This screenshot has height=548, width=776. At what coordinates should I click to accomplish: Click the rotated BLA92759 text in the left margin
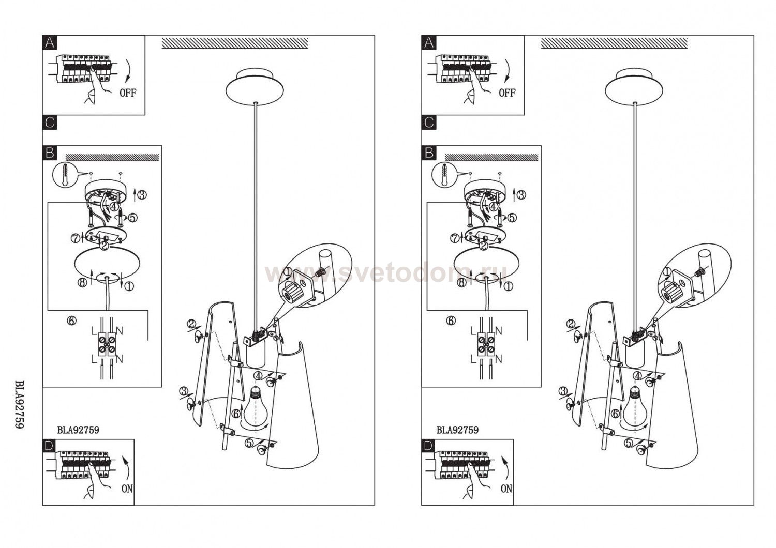pyautogui.click(x=19, y=404)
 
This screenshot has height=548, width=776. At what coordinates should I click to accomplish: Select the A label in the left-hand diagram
pyautogui.click(x=50, y=42)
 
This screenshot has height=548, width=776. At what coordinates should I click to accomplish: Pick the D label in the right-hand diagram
pyautogui.click(x=428, y=446)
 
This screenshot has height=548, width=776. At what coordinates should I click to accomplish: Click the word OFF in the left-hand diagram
pyautogui.click(x=128, y=93)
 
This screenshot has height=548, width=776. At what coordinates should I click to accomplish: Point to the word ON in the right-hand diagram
pyautogui.click(x=506, y=489)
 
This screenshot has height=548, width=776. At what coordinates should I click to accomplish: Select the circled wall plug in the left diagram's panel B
pyautogui.click(x=64, y=175)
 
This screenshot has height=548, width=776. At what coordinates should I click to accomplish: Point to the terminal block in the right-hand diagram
pyautogui.click(x=486, y=344)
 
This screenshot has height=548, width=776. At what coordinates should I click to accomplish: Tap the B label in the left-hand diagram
pyautogui.click(x=50, y=153)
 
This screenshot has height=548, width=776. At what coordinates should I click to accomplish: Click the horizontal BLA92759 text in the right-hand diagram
pyautogui.click(x=457, y=430)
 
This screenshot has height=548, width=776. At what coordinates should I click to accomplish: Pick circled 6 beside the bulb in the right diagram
pyautogui.click(x=615, y=414)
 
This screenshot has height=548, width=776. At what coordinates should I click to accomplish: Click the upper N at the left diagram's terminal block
pyautogui.click(x=120, y=331)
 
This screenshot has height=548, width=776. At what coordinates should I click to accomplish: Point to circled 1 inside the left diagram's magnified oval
pyautogui.click(x=288, y=272)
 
